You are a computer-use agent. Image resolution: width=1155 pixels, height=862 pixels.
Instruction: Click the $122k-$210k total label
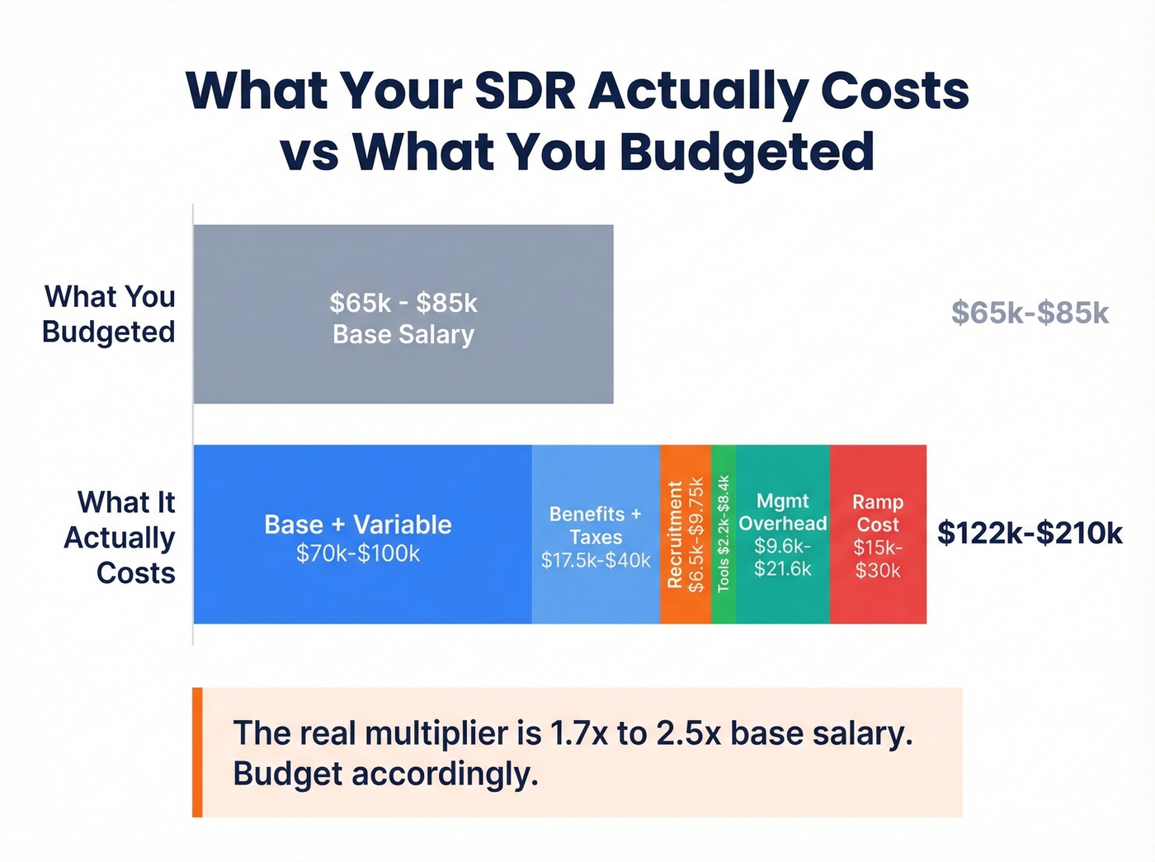1030,534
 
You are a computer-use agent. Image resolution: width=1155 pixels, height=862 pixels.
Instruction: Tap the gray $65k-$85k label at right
1030,313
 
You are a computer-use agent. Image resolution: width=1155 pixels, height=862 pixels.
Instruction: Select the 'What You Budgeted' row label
109,314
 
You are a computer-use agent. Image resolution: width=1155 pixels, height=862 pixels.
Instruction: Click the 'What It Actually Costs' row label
120,537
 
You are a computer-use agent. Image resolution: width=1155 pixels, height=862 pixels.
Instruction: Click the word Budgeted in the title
747,153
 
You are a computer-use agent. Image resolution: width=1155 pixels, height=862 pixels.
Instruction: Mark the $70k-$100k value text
358,553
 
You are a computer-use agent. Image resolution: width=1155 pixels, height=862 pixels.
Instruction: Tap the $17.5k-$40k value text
596,561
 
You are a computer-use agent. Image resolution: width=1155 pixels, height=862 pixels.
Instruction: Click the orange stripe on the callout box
197,752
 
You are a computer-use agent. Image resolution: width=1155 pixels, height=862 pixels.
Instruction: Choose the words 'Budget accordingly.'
385,775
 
